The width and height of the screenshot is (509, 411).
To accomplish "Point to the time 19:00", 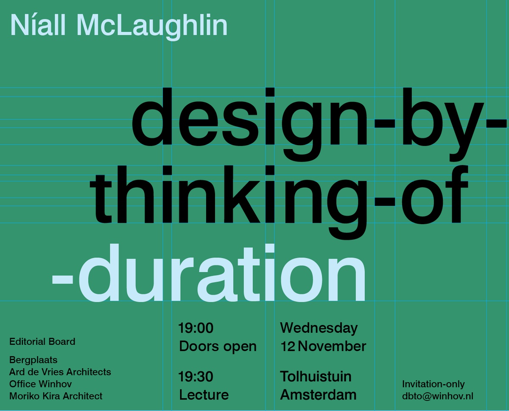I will click(x=196, y=328).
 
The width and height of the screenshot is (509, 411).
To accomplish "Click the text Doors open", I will click(x=218, y=346).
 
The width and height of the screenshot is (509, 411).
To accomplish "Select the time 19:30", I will click(x=196, y=377).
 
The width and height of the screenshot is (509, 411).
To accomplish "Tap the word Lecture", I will click(x=204, y=395).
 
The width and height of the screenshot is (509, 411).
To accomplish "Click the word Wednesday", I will click(x=319, y=328).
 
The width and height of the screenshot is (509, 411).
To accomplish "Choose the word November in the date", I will click(x=332, y=346).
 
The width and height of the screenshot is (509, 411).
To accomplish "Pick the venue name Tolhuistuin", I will click(x=316, y=377).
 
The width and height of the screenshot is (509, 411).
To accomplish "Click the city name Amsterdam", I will click(x=318, y=395).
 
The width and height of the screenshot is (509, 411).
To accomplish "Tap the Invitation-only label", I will click(x=433, y=384).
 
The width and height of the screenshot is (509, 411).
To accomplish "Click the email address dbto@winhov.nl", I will click(x=437, y=396).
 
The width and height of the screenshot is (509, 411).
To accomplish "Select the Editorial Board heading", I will click(x=42, y=341).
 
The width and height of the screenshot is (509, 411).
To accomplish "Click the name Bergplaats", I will click(x=33, y=360).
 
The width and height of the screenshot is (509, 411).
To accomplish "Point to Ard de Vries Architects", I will click(x=60, y=372).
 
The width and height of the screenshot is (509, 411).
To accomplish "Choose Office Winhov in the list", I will click(x=40, y=384).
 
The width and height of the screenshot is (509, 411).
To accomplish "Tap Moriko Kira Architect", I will click(x=56, y=396).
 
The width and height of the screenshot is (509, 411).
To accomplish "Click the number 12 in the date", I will click(x=288, y=346).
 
